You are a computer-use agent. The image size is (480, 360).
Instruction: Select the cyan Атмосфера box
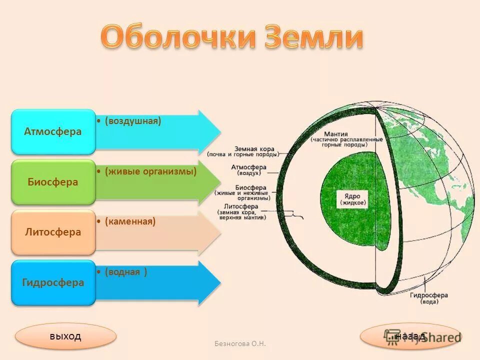coord(53,132)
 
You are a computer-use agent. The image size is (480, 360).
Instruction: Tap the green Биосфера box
coord(53,182)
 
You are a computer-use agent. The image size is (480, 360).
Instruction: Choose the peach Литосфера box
coord(53,232)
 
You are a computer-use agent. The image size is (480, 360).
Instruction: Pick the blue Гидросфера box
coord(53,282)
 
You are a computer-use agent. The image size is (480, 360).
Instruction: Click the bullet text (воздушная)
coord(133,121)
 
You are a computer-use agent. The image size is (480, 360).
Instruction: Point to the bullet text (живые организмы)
coord(150,171)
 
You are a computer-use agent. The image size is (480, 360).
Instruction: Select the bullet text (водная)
coord(126,272)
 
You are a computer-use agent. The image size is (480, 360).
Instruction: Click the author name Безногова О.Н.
coord(240,343)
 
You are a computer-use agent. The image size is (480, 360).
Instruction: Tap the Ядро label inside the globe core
coord(353,199)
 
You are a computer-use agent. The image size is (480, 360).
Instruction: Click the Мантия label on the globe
coord(335,134)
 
